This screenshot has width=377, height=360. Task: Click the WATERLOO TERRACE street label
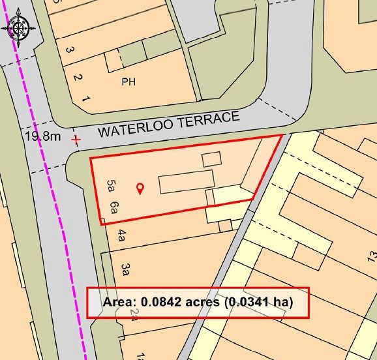click(x=169, y=124)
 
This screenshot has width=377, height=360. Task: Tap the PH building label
click(x=128, y=83)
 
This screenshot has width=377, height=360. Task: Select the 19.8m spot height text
click(x=42, y=137)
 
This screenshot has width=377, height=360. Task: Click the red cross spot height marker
click(x=78, y=140)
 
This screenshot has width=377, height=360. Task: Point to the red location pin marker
click(x=140, y=189)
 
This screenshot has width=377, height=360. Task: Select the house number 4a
click(x=121, y=235)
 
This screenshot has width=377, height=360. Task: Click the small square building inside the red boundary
click(x=211, y=159)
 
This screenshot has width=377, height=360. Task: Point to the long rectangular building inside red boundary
click(x=186, y=181)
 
